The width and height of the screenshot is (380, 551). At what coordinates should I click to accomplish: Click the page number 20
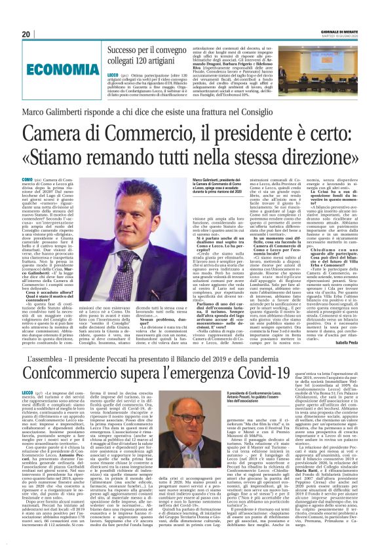[x=26, y=34]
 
